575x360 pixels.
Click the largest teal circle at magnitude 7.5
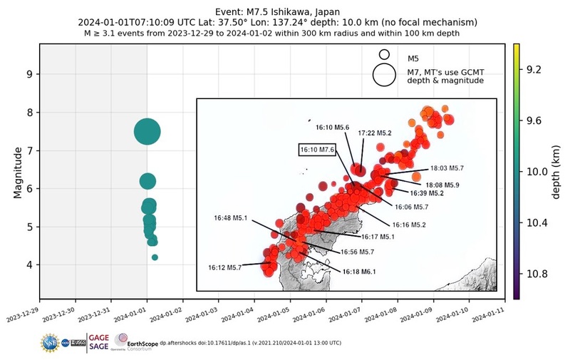[147, 132]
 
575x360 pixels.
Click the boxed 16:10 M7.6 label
[317, 150]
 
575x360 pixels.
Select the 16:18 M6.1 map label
[358, 272]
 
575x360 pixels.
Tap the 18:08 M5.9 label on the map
[442, 185]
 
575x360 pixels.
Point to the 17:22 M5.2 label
[375, 133]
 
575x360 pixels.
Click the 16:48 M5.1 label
[232, 218]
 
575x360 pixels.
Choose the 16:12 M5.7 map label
[225, 267]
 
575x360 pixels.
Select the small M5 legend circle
[384, 54]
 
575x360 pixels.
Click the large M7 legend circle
[384, 75]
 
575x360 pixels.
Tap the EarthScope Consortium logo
[135, 343]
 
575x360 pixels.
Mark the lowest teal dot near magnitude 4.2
[155, 257]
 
